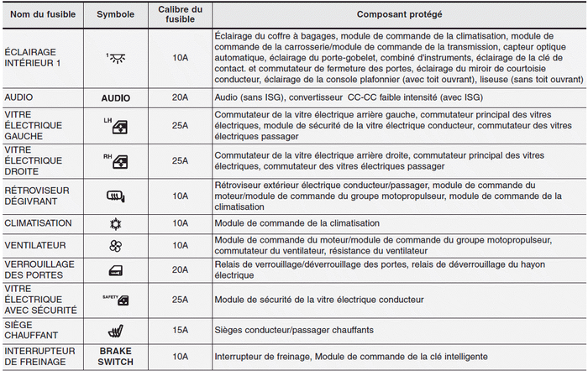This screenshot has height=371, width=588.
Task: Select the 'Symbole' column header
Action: point(115,15)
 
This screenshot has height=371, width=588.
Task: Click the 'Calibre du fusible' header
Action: point(180,15)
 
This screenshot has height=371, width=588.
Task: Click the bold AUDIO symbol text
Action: point(116,98)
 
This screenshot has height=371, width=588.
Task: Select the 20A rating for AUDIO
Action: point(180,98)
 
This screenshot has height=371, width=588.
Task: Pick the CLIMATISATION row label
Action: point(38,224)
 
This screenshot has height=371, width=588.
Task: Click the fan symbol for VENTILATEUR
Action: point(116,245)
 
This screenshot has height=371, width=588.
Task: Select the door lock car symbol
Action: point(116,269)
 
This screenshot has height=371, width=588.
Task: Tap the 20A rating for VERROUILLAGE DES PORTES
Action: point(180,269)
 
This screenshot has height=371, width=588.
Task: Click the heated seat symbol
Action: point(116,330)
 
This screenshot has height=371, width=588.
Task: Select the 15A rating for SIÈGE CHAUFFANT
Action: point(180,330)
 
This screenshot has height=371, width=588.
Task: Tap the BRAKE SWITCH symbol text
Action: point(116,356)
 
